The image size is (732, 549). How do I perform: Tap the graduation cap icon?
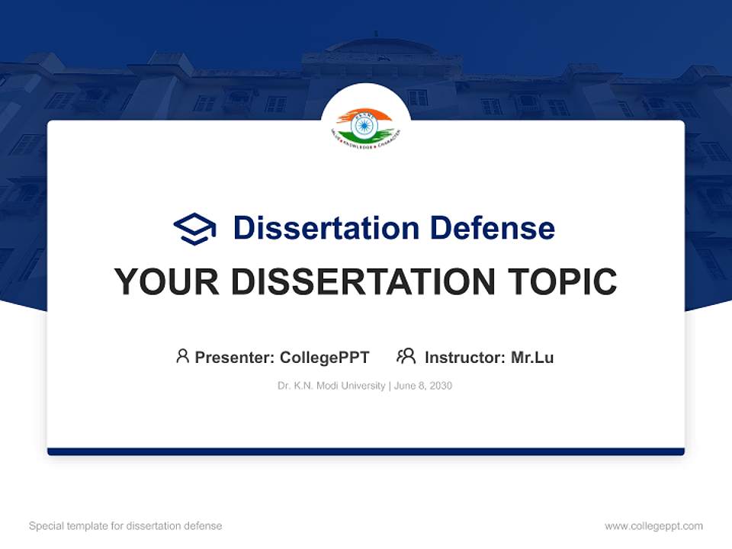[194, 228]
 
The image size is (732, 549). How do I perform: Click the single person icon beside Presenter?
[182, 356]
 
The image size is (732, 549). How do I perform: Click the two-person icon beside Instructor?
[406, 356]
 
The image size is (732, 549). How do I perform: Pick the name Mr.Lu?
[532, 357]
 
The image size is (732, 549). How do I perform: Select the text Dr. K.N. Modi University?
[332, 386]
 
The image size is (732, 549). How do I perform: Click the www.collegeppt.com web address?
[653, 526]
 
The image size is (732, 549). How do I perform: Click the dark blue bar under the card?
[366, 451]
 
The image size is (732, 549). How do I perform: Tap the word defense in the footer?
[203, 526]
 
